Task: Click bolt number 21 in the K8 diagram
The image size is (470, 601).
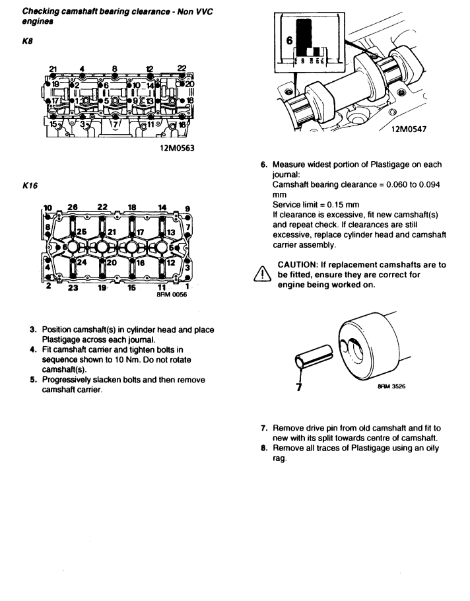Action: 53,69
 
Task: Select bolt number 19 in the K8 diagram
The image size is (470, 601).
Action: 56,85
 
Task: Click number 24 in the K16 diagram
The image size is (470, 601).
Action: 82,262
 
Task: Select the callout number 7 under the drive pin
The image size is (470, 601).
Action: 300,388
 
